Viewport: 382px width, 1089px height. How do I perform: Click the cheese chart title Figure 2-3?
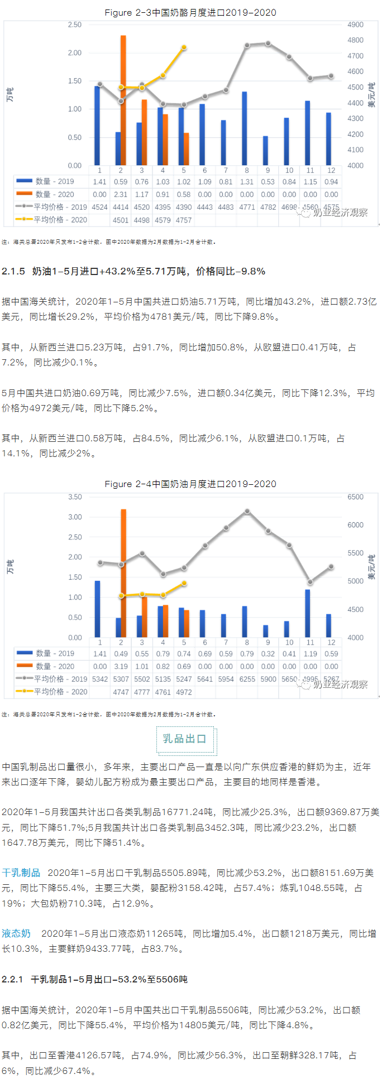pos(190,12)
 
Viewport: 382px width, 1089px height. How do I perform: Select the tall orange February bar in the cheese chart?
pos(123,100)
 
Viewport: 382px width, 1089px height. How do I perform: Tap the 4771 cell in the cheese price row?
pos(247,207)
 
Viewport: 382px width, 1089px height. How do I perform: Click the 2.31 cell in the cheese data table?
pos(121,195)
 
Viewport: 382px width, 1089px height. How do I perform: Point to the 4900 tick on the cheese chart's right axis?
pos(355,25)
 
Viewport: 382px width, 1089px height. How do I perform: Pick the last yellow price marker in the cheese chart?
pos(184,48)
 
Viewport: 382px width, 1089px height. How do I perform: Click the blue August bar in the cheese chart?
pos(245,128)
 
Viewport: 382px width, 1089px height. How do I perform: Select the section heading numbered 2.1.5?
pos(133,271)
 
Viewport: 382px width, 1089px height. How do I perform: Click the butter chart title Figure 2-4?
pos(190,484)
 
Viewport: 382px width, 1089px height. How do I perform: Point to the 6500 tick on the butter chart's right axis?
pos(355,497)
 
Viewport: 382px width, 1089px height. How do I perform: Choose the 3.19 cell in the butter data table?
pos(121,666)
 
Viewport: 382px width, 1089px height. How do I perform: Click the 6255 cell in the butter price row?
pos(247,679)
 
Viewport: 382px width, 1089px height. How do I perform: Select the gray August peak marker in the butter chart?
pos(247,511)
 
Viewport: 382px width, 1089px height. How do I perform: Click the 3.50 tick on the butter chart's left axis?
pos(75,497)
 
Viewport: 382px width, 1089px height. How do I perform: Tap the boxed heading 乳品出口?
pos(185,739)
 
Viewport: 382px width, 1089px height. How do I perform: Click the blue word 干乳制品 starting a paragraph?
pos(21,873)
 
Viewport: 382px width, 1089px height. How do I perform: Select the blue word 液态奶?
pos(16,933)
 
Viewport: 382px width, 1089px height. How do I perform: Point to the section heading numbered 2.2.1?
pos(94,979)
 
